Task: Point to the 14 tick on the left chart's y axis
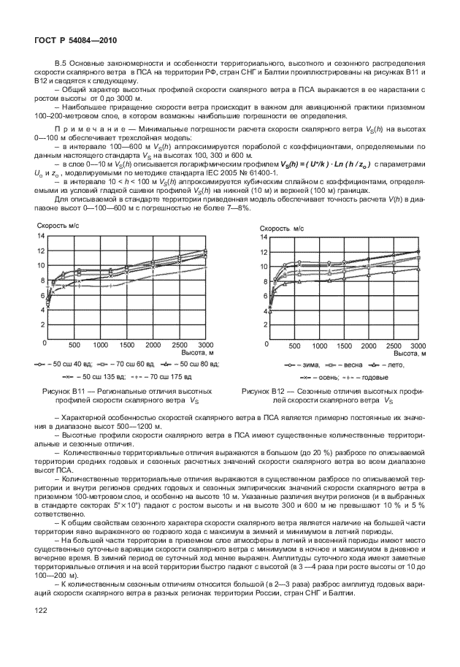point(41,236)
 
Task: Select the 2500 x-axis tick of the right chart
point(394,345)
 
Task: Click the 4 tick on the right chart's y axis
point(264,312)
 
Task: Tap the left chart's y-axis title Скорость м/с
point(59,226)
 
